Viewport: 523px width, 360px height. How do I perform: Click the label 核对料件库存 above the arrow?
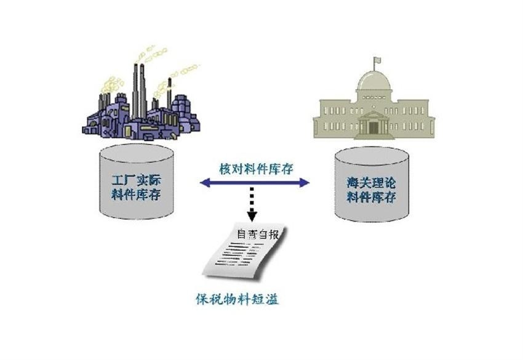pos(255,168)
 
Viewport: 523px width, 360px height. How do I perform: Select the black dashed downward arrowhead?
pos(252,215)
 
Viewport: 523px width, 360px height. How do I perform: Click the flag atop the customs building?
pos(377,61)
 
